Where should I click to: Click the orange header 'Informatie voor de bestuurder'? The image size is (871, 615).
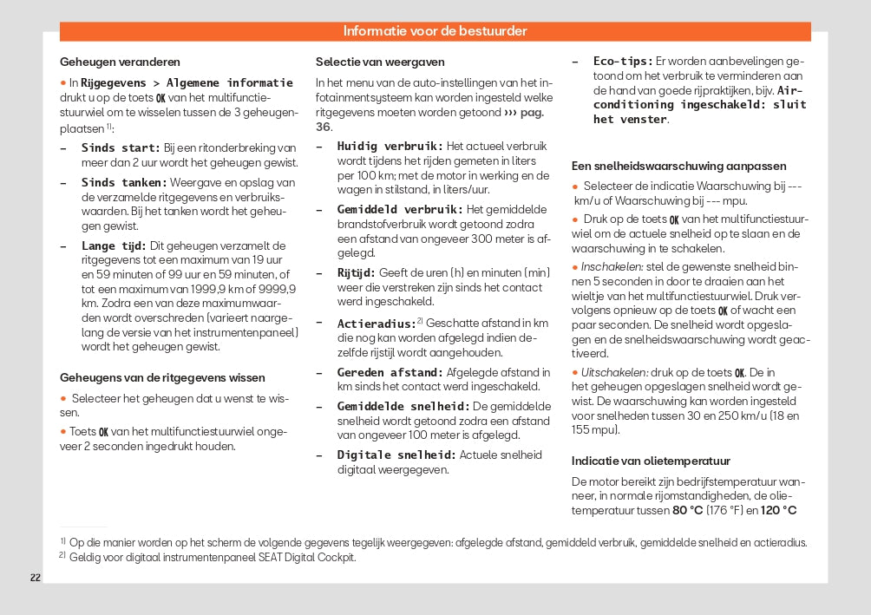pyautogui.click(x=435, y=31)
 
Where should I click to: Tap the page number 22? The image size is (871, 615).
pyautogui.click(x=36, y=578)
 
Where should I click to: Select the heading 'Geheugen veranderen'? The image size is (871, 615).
pyautogui.click(x=120, y=62)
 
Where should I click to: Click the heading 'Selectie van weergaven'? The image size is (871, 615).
pyautogui.click(x=380, y=62)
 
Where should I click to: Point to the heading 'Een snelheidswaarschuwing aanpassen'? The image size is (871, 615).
pyautogui.click(x=679, y=166)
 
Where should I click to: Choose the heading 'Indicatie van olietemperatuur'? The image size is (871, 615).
pyautogui.click(x=651, y=461)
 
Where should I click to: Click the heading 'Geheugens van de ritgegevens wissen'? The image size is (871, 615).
pyautogui.click(x=162, y=377)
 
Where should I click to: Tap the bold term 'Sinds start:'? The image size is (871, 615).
pyautogui.click(x=121, y=148)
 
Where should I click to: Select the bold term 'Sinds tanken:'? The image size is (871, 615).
pyautogui.click(x=124, y=183)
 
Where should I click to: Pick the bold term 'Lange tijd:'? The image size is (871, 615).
pyautogui.click(x=114, y=246)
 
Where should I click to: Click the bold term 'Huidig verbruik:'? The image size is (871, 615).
pyautogui.click(x=390, y=147)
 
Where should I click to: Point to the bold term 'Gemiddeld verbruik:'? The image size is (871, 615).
pyautogui.click(x=400, y=210)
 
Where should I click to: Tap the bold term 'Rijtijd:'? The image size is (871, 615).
pyautogui.click(x=356, y=272)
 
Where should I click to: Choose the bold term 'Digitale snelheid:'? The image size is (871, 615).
pyautogui.click(x=396, y=455)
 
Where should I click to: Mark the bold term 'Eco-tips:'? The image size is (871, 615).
pyautogui.click(x=623, y=62)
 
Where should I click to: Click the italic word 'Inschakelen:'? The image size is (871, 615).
pyautogui.click(x=612, y=267)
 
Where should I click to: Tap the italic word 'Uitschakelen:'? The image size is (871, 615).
pyautogui.click(x=615, y=372)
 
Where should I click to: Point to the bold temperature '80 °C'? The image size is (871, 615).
pyautogui.click(x=687, y=510)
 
